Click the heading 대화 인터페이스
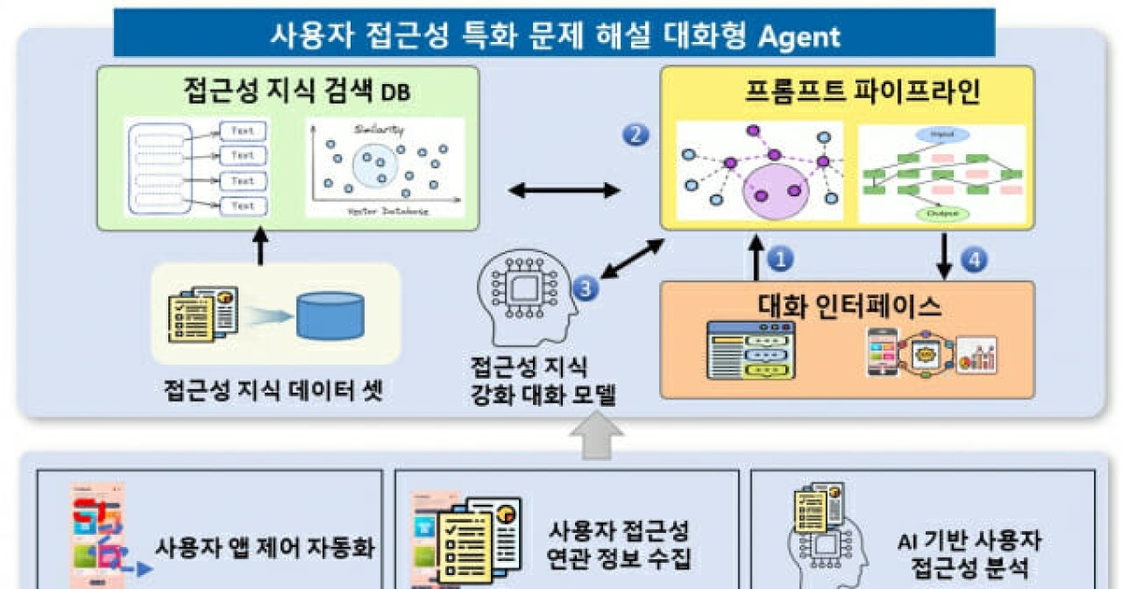pyautogui.click(x=848, y=306)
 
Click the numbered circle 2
pyautogui.click(x=636, y=136)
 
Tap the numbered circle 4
pyautogui.click(x=972, y=260)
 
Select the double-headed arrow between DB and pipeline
pyautogui.click(x=564, y=191)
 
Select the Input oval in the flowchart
pyautogui.click(x=942, y=136)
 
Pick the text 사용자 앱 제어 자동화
pyautogui.click(x=265, y=547)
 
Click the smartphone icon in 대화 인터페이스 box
pyautogui.click(x=883, y=352)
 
